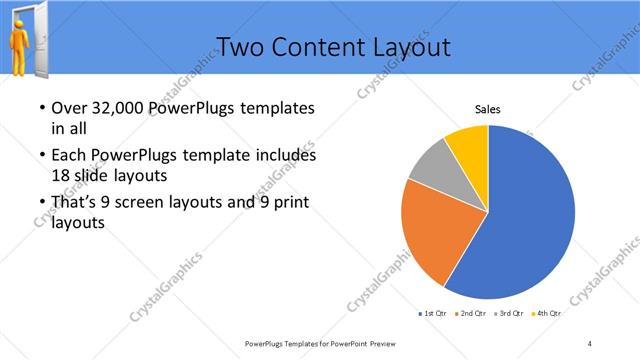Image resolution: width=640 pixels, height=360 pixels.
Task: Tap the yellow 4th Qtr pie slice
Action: [468, 145]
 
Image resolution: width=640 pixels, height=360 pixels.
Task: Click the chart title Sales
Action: [487, 110]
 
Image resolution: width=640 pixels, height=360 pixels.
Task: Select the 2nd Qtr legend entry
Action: [473, 314]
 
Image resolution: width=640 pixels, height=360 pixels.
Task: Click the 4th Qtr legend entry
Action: [548, 314]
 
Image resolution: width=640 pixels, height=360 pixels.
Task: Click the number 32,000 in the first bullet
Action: [115, 108]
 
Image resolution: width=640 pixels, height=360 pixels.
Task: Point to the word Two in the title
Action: [239, 46]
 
